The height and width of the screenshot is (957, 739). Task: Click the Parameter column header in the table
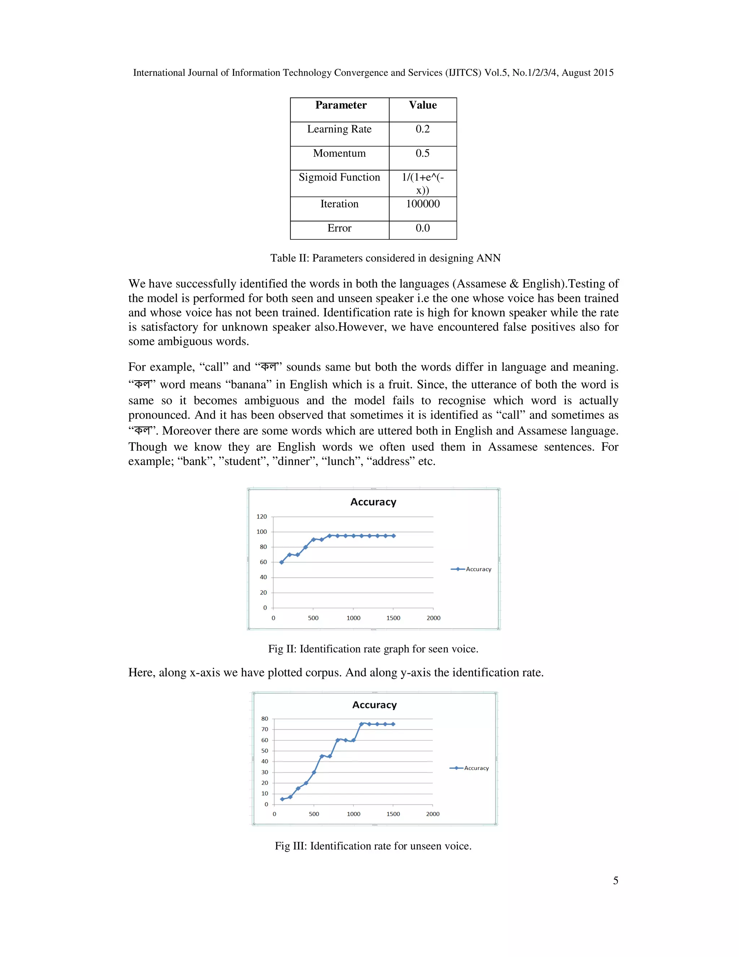(341, 105)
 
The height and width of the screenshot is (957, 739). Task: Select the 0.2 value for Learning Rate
(423, 129)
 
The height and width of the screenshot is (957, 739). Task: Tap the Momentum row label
(339, 153)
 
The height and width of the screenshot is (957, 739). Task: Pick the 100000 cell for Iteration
(423, 204)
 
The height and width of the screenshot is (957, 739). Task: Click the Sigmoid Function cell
(339, 177)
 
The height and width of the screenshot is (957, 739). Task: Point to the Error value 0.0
(423, 228)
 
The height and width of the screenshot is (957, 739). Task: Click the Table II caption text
(385, 258)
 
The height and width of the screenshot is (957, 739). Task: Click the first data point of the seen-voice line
(281, 562)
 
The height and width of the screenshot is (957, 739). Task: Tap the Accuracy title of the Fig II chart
(373, 502)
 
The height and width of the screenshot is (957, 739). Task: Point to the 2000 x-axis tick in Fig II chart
(433, 618)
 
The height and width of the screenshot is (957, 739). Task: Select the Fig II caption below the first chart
(373, 649)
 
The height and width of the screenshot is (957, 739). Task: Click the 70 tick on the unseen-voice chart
(264, 729)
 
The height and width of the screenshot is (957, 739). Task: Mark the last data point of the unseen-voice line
(393, 724)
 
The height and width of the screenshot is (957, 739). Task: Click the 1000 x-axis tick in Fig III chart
(353, 814)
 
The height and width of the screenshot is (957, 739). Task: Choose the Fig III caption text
(373, 846)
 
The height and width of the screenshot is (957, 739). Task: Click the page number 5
(615, 881)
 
